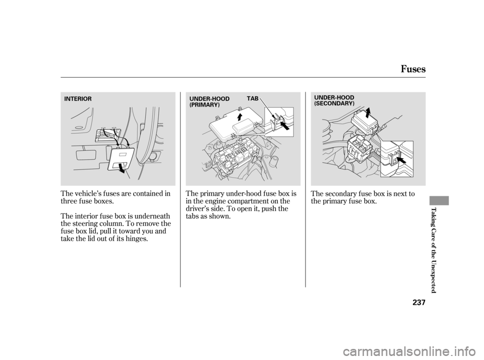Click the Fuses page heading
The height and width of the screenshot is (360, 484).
click(413, 69)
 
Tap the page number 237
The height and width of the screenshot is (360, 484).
click(419, 303)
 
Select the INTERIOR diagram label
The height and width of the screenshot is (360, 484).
click(78, 99)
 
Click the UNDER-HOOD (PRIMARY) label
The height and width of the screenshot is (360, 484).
click(209, 101)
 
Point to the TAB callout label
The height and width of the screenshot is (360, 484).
click(253, 98)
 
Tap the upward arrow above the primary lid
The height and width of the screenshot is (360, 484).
click(239, 116)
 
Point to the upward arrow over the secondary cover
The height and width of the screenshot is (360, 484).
click(368, 113)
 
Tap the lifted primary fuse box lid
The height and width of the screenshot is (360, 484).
click(236, 124)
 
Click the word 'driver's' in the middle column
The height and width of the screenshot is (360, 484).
click(197, 208)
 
